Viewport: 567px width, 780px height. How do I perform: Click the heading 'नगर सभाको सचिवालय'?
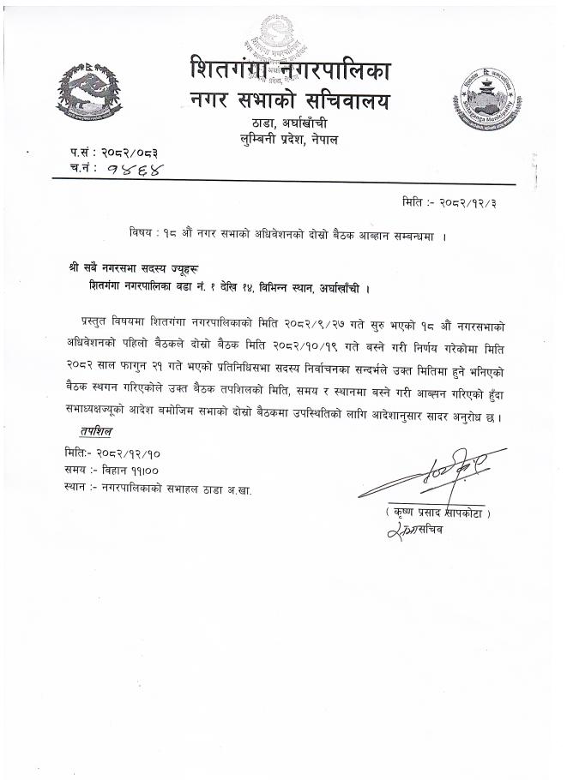tap(289, 101)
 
